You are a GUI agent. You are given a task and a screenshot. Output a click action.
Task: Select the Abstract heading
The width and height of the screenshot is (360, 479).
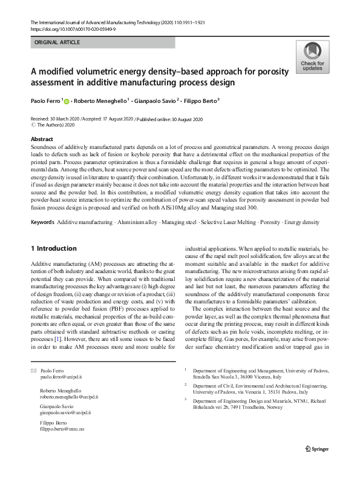click(41, 139)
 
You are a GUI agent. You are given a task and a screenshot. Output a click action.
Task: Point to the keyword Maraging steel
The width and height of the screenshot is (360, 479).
click(177, 222)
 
